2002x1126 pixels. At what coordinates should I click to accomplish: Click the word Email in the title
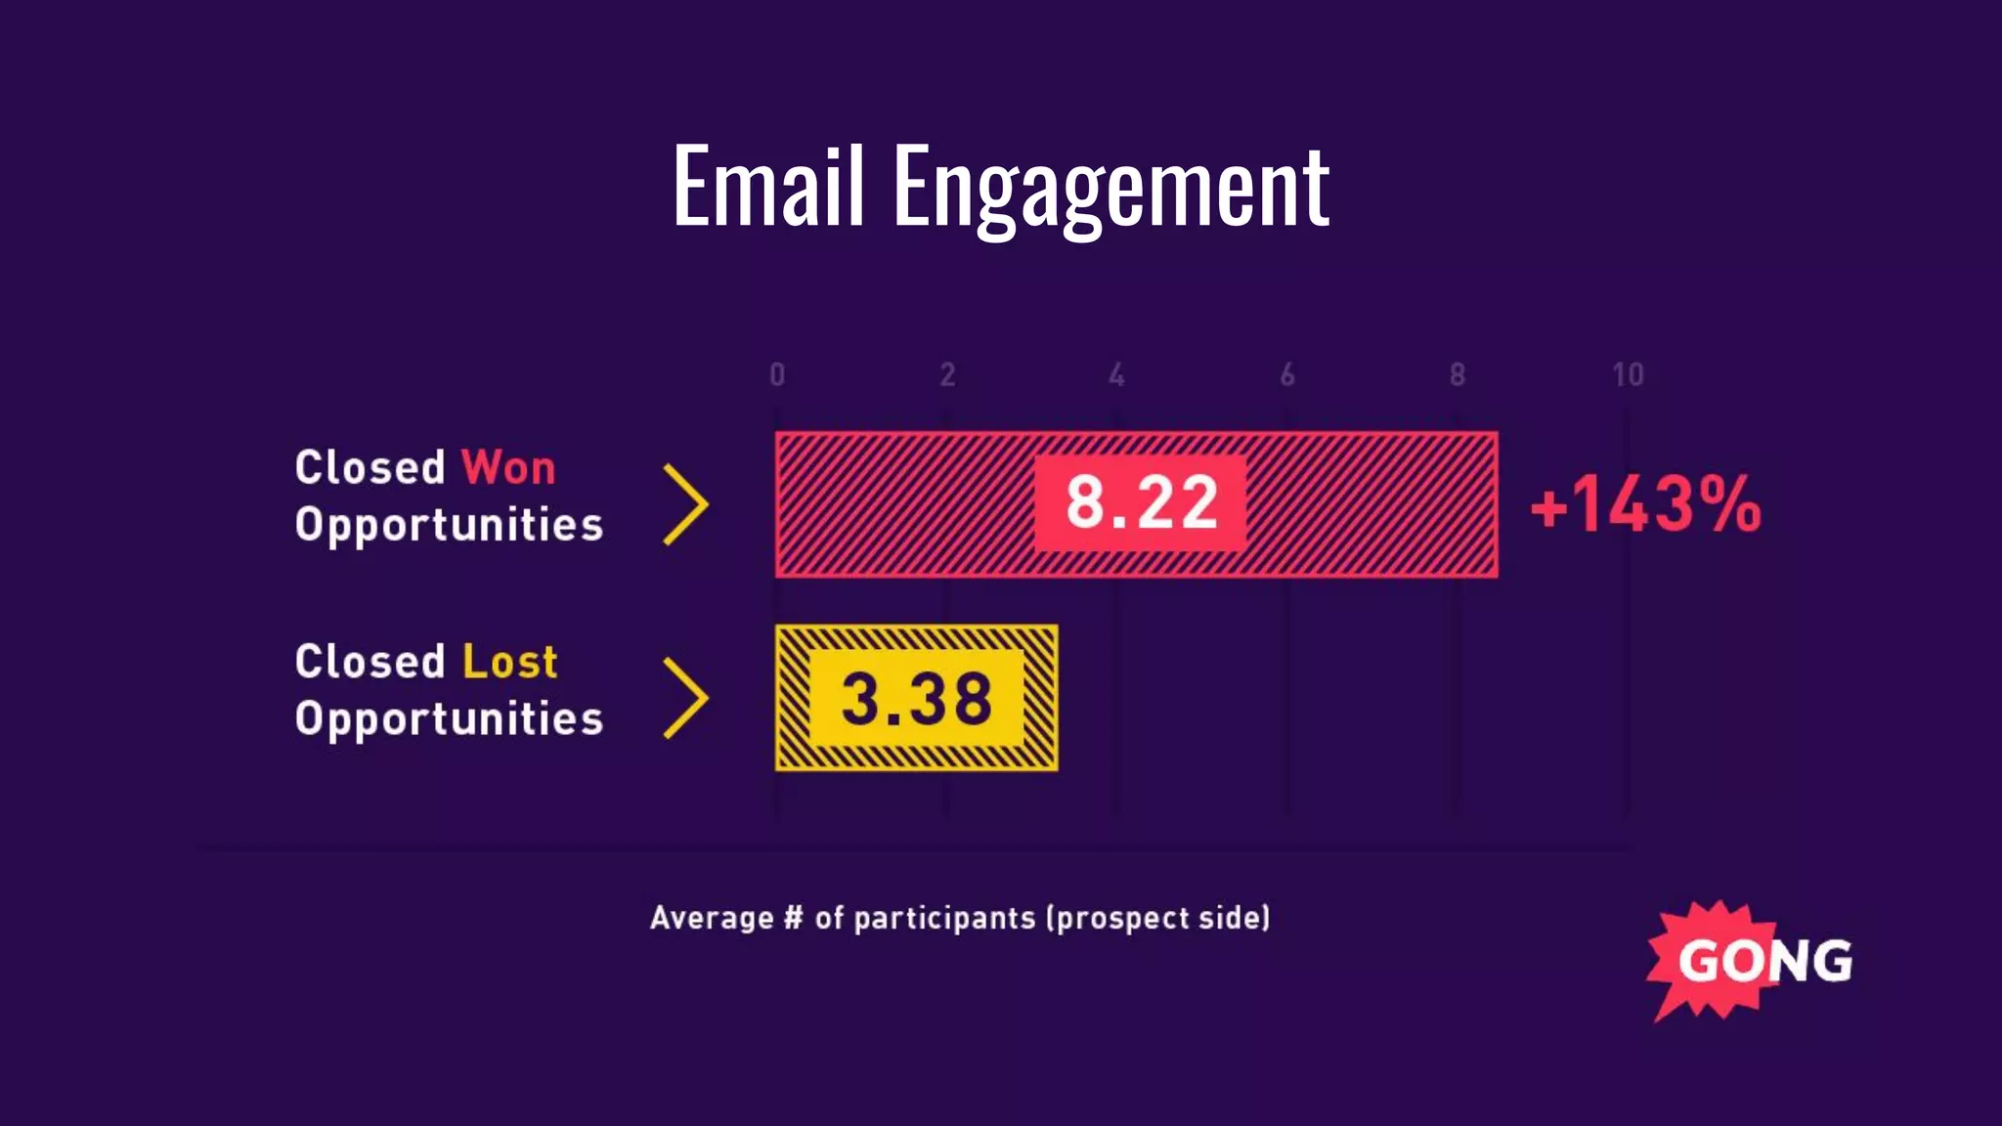click(x=768, y=186)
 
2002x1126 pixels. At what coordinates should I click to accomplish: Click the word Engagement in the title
click(x=1110, y=188)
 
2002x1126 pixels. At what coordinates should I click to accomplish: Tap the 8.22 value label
click(x=1141, y=503)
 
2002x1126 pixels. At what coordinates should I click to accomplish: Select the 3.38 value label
click(x=917, y=699)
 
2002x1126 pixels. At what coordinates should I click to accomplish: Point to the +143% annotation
click(x=1646, y=504)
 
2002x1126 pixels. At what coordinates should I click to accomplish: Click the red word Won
click(x=508, y=467)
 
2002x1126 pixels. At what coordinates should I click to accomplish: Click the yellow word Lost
click(x=509, y=662)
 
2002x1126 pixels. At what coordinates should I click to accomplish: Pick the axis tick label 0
click(x=777, y=374)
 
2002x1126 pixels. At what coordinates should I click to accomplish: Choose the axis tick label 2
click(x=947, y=374)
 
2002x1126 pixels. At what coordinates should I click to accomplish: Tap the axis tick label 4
click(x=1116, y=374)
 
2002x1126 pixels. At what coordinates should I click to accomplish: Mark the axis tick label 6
click(x=1287, y=374)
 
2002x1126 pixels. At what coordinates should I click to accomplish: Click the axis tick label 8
click(x=1458, y=374)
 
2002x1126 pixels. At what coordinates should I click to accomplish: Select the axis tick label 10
click(x=1628, y=374)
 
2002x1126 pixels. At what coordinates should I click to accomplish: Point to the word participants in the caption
click(x=943, y=918)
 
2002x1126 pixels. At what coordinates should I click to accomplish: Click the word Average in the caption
click(x=712, y=918)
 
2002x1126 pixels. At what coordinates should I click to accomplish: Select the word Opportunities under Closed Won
click(x=449, y=525)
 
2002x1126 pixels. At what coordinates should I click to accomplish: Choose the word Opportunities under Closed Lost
click(x=449, y=719)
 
